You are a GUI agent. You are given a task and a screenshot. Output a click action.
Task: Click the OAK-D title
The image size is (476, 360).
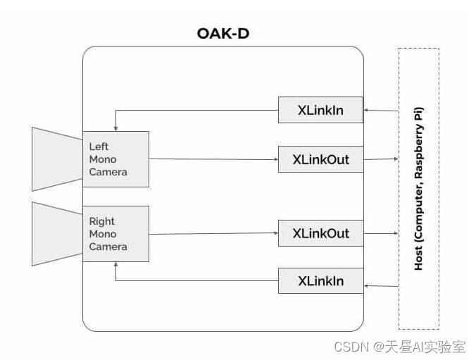coord(223,34)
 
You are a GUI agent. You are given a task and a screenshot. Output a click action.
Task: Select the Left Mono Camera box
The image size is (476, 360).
coord(115,159)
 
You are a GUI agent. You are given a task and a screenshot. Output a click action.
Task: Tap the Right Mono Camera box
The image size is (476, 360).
coord(115,234)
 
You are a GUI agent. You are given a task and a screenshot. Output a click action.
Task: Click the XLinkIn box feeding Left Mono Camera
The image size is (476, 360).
coord(320,110)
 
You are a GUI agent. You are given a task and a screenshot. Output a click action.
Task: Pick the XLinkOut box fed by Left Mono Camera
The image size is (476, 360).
coord(320,159)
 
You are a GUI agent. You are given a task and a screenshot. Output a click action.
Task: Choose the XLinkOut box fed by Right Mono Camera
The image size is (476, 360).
coord(320,233)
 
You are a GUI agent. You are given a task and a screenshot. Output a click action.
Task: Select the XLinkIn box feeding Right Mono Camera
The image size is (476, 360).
coord(320,281)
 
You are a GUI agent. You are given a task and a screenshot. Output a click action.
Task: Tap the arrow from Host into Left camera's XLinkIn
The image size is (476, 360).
coord(381,111)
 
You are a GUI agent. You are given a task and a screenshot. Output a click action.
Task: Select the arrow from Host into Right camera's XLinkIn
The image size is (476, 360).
coord(381,285)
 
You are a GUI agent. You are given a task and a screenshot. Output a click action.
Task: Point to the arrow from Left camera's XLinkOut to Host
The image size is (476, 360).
coord(381,159)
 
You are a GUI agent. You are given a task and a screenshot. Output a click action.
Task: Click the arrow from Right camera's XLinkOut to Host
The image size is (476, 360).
coord(381,233)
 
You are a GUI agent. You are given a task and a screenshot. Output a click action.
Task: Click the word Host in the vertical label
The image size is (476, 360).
coord(419,256)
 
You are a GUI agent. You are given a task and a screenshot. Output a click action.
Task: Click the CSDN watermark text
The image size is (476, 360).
coord(352,347)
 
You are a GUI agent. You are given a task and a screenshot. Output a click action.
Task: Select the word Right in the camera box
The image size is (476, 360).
coord(101,221)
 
